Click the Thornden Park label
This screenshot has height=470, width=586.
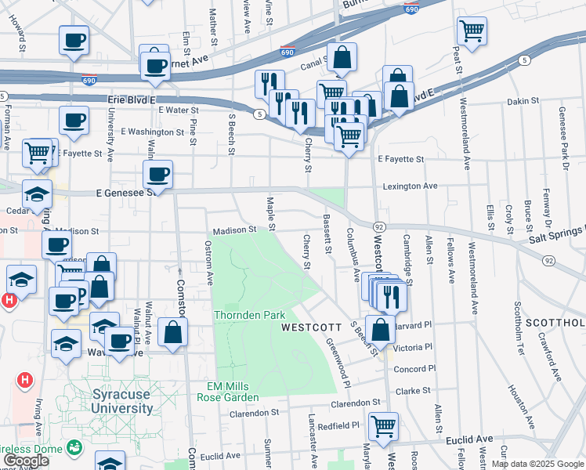251,315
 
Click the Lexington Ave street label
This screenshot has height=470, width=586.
409,186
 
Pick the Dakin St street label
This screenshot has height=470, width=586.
523,101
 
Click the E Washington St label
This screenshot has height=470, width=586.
154,132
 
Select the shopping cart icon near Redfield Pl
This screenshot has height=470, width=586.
383,427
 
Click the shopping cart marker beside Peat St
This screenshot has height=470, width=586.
472,31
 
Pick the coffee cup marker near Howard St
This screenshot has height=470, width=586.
74,40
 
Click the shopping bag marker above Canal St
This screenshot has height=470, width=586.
342,56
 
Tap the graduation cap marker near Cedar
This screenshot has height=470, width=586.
37,193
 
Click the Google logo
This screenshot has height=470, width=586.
27,461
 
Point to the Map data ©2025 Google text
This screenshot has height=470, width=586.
537,464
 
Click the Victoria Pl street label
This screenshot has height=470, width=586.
414,347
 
